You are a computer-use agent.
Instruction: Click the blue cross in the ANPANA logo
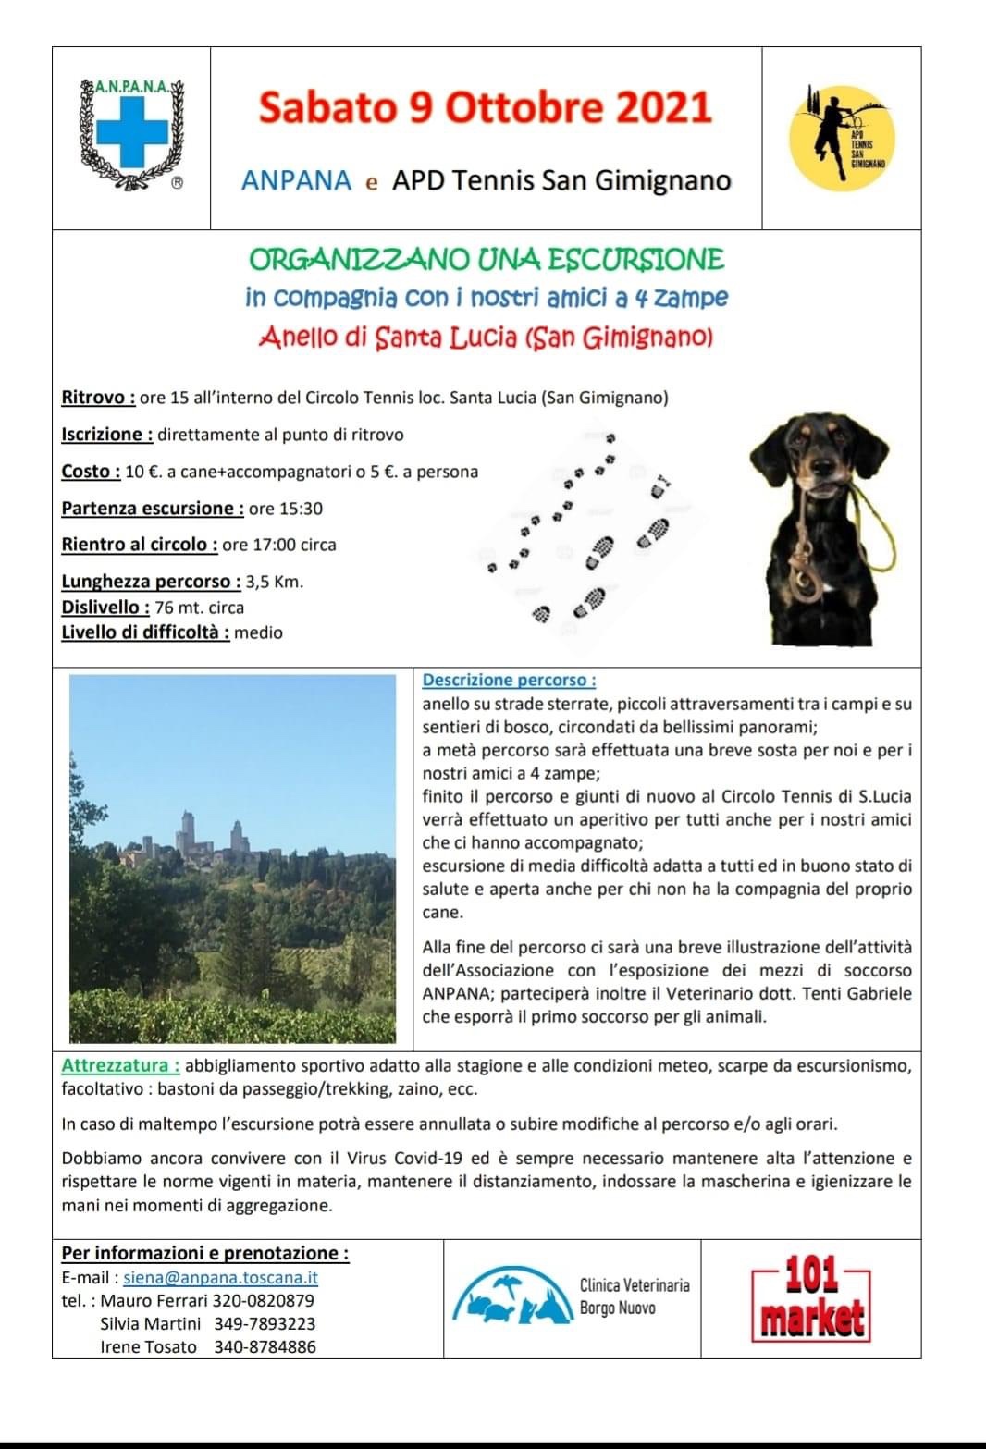pyautogui.click(x=133, y=131)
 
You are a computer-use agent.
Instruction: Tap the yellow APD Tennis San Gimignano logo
pyautogui.click(x=842, y=135)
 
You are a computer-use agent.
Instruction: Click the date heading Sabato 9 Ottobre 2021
pyautogui.click(x=486, y=108)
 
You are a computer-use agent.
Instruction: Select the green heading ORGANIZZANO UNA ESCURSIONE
pyautogui.click(x=487, y=259)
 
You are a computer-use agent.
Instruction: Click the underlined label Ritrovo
pyautogui.click(x=98, y=398)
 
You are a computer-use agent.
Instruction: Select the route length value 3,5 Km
pyautogui.click(x=275, y=583)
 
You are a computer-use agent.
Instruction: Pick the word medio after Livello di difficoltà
pyautogui.click(x=259, y=633)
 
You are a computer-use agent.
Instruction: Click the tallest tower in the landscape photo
pyautogui.click(x=189, y=831)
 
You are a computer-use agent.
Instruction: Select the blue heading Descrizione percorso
pyautogui.click(x=509, y=681)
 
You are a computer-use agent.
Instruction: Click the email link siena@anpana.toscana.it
pyautogui.click(x=220, y=1278)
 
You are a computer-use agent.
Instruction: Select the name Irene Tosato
pyautogui.click(x=148, y=1347)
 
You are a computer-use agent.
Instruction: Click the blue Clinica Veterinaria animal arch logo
pyautogui.click(x=509, y=1296)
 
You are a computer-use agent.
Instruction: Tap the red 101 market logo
pyautogui.click(x=810, y=1298)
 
